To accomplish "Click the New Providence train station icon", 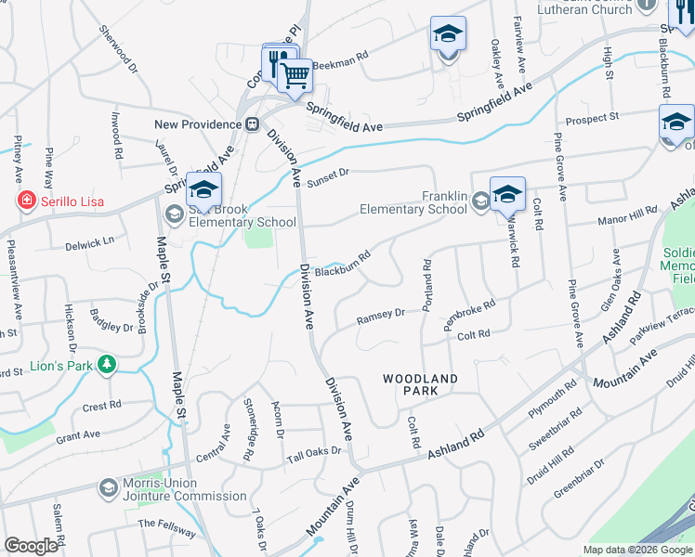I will [x=252, y=124].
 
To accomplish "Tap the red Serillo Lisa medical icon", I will [x=27, y=201].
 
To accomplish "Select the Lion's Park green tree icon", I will [x=108, y=365].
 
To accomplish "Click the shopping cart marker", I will [x=295, y=75].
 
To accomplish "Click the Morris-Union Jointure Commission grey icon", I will [x=109, y=487].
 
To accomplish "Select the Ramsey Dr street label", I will [x=382, y=317].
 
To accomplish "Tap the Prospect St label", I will [x=592, y=119].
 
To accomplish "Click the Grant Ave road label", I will [x=78, y=434].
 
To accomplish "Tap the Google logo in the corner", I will [x=32, y=546].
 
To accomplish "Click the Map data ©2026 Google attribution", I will [x=637, y=550].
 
